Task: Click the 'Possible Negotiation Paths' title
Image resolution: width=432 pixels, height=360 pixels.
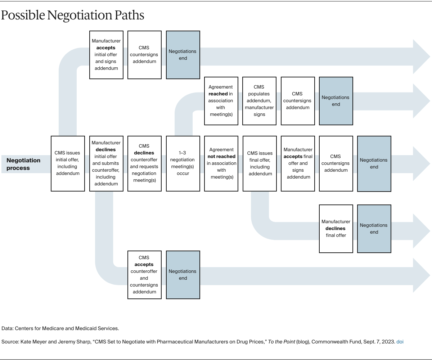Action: pos(72,15)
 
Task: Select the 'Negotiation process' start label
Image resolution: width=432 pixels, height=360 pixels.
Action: pos(23,164)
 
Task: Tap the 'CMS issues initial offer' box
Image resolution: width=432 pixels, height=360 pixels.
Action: pos(68,163)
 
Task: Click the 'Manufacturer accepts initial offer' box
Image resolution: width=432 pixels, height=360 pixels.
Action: pos(106,55)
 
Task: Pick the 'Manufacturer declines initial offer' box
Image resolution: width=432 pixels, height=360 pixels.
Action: pos(106,163)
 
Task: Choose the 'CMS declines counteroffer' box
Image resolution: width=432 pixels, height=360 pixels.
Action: pos(144,163)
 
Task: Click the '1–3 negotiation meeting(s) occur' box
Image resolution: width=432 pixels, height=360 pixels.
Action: pos(183,163)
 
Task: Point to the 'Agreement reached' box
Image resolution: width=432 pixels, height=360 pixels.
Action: pos(221,101)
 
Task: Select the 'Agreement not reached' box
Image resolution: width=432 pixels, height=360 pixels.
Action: pos(221,163)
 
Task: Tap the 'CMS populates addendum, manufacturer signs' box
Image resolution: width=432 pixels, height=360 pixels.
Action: pos(259,101)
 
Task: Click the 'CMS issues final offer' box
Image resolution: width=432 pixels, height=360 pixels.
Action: pos(260,163)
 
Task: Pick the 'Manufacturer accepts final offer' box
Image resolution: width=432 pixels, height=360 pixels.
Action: pos(298,163)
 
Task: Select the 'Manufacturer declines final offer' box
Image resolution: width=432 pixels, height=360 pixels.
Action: pos(336,229)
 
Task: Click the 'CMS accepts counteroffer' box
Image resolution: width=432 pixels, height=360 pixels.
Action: pos(144,275)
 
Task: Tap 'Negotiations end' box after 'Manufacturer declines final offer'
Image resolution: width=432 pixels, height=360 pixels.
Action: pos(374,229)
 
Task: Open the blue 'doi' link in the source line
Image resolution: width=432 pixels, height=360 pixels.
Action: pos(400,342)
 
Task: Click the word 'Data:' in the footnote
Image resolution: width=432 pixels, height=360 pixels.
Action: pos(8,328)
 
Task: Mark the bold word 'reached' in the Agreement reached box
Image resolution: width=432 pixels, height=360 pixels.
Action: pos(218,94)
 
